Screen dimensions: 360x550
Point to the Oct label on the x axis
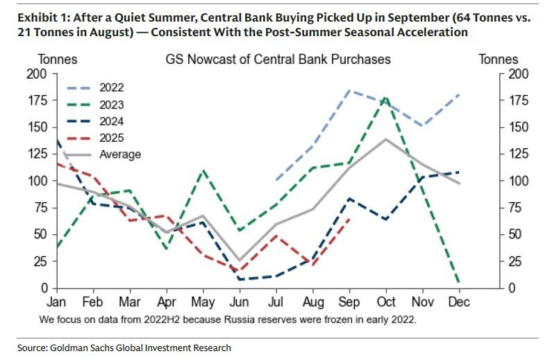pyautogui.click(x=385, y=302)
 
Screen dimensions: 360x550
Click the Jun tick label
pyautogui.click(x=239, y=302)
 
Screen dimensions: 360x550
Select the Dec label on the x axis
pyautogui.click(x=459, y=302)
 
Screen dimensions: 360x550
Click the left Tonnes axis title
pyautogui.click(x=57, y=60)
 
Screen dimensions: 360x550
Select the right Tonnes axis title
pyautogui.click(x=498, y=60)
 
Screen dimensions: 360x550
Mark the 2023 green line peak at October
pyautogui.click(x=386, y=98)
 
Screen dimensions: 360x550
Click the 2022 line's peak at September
pyautogui.click(x=349, y=90)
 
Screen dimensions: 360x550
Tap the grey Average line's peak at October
pyautogui.click(x=385, y=139)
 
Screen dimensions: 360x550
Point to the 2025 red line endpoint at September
pyautogui.click(x=349, y=220)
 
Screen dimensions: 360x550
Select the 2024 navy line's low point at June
pyautogui.click(x=239, y=279)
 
